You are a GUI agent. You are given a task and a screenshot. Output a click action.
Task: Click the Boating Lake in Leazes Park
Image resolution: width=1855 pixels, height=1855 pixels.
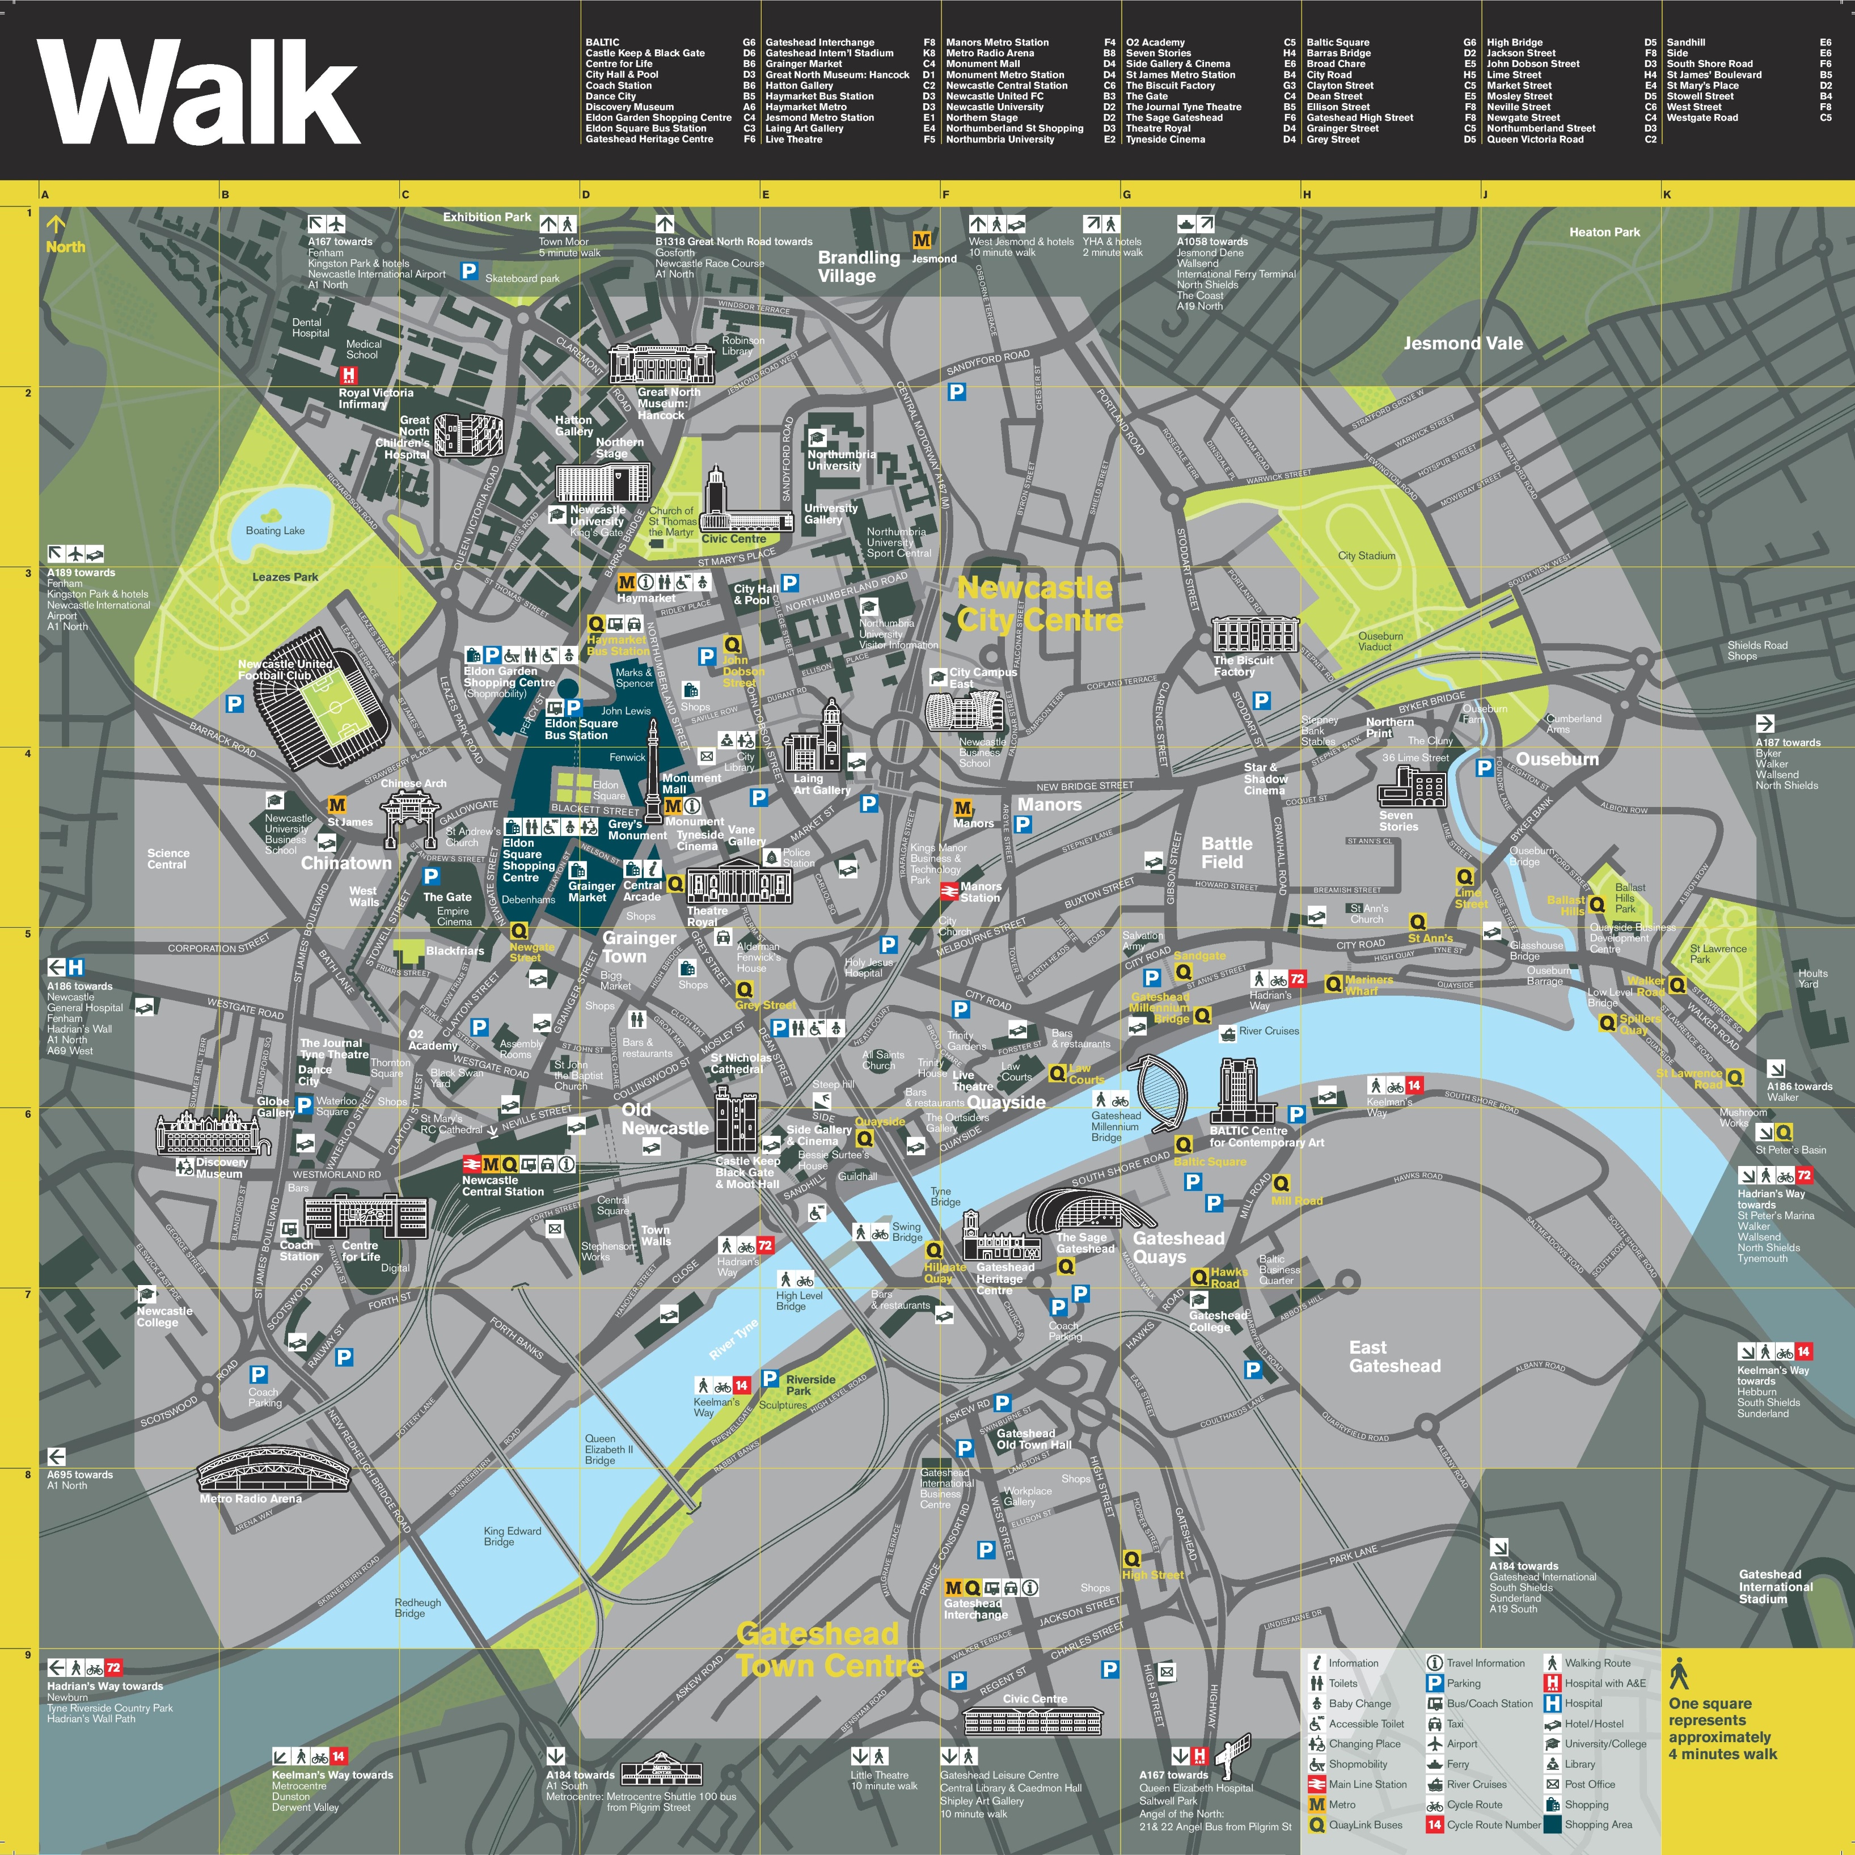[278, 518]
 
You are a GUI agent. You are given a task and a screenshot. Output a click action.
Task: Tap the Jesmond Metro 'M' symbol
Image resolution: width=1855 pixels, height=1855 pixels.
[922, 240]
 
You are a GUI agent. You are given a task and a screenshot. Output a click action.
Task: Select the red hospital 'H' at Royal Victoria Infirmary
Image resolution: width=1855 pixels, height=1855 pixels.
[349, 374]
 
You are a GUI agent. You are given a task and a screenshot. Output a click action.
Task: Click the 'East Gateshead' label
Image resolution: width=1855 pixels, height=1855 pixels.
[1394, 1357]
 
